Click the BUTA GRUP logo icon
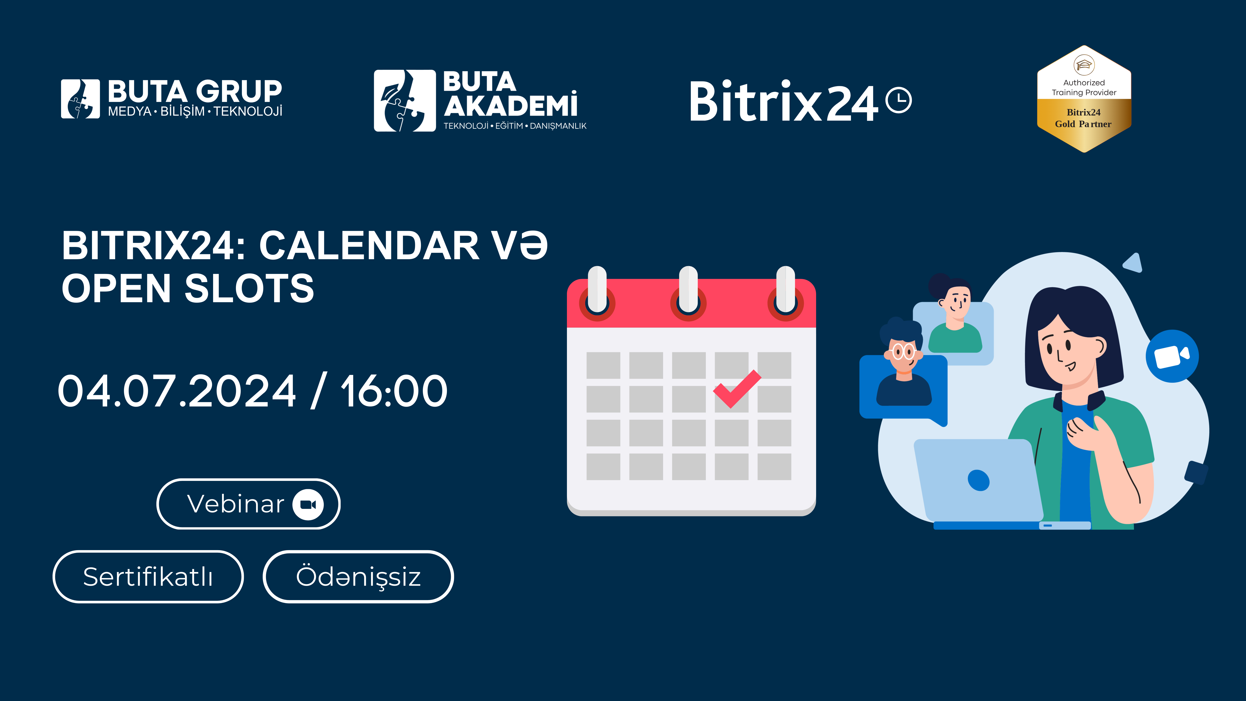coord(80,99)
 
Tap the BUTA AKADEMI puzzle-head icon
coord(405,101)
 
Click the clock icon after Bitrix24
coord(899,100)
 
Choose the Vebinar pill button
coord(249,504)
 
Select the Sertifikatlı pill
coord(148,577)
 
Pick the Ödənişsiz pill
coord(358,577)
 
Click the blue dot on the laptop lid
coord(979,480)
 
